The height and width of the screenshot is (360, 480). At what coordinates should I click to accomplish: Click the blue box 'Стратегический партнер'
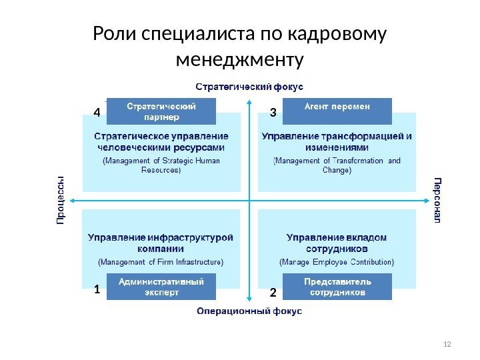162,111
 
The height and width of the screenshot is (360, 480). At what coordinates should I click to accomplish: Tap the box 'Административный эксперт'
162,287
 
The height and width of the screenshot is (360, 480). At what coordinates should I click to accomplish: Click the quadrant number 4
97,113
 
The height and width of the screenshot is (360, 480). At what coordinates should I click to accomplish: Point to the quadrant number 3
273,113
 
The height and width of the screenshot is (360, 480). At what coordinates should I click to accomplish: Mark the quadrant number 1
97,290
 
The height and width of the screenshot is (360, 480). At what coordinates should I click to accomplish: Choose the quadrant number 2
273,293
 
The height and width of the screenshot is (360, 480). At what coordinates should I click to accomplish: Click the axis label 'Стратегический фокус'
249,87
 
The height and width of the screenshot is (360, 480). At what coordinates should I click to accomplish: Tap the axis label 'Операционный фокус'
249,311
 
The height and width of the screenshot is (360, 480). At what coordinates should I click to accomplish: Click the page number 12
447,343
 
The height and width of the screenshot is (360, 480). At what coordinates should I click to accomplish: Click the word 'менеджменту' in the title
239,61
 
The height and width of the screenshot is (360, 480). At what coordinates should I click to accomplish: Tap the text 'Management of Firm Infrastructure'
161,261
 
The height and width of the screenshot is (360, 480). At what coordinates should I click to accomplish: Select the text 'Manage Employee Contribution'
337,261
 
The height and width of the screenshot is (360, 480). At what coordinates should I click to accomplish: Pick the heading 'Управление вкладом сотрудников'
337,243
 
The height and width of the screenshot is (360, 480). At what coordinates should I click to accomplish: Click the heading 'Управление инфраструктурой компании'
161,243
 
